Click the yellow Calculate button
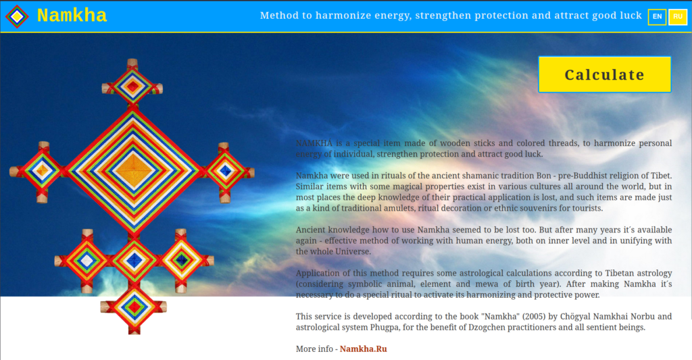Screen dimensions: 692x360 [605, 74]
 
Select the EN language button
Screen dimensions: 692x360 [657, 17]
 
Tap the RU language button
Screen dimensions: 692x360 [678, 17]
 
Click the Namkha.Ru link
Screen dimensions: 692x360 [363, 349]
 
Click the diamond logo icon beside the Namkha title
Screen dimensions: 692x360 [17, 17]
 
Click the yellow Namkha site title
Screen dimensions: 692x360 [72, 16]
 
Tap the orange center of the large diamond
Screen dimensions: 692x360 [133, 170]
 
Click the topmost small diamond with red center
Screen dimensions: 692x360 [132, 86]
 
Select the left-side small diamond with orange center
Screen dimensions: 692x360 [43, 171]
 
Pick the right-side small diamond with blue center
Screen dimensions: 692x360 [225, 171]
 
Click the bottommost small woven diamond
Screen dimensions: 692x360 [134, 307]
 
